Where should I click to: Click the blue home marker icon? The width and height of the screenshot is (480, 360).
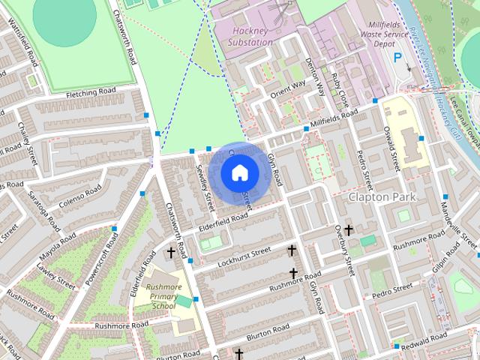238,173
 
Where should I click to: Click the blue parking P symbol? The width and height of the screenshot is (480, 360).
397,56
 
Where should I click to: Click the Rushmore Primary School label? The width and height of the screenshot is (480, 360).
163,296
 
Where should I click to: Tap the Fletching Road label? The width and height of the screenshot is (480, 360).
91,91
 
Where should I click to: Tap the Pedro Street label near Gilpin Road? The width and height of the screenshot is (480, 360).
391,289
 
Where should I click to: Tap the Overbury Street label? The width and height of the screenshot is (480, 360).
343,248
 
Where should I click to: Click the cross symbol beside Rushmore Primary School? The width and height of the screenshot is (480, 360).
171,253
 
